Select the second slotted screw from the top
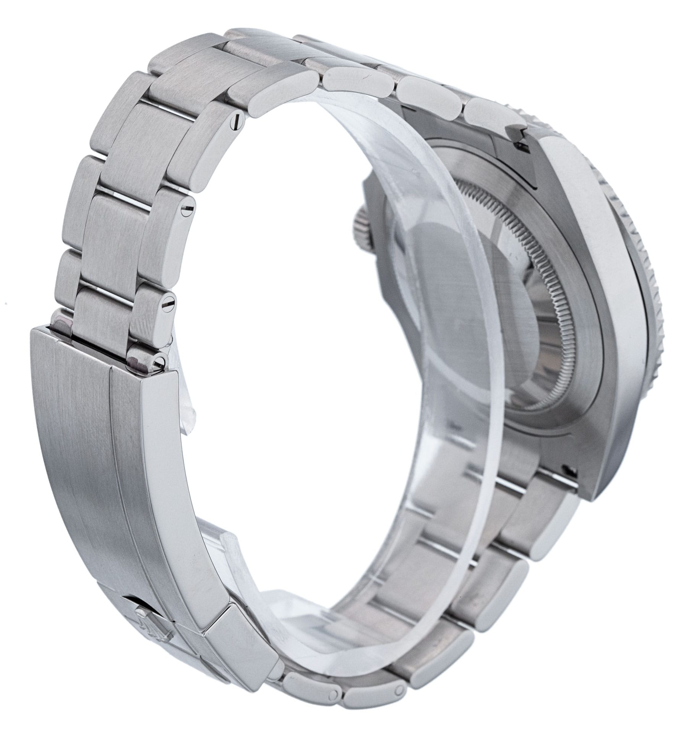pos(187,209)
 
